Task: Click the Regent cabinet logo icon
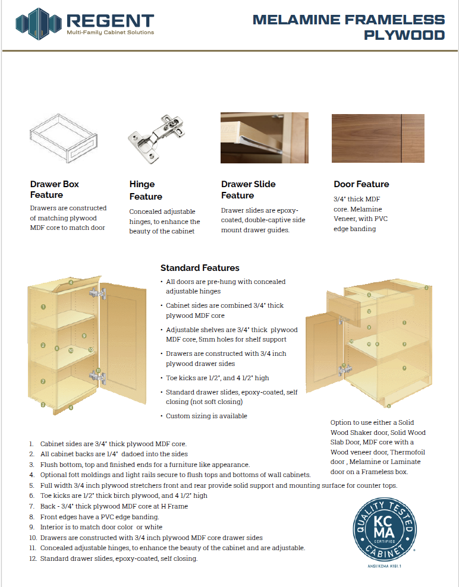(x=38, y=24)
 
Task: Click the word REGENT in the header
(x=110, y=21)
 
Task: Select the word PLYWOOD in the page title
(x=404, y=35)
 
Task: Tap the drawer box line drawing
(x=64, y=138)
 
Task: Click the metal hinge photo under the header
(x=156, y=139)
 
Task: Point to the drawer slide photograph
(x=264, y=138)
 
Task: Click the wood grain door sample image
(x=378, y=138)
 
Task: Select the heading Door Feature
(x=361, y=184)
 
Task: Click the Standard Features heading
(x=200, y=268)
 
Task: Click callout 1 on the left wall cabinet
(x=43, y=307)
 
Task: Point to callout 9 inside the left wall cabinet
(x=84, y=336)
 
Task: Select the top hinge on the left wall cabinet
(x=98, y=293)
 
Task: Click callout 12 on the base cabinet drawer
(x=369, y=311)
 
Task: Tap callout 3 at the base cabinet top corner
(x=426, y=288)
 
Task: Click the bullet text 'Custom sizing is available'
(x=206, y=416)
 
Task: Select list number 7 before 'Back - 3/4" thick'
(x=32, y=506)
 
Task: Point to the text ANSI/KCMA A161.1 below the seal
(x=385, y=566)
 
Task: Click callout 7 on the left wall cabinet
(x=43, y=381)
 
